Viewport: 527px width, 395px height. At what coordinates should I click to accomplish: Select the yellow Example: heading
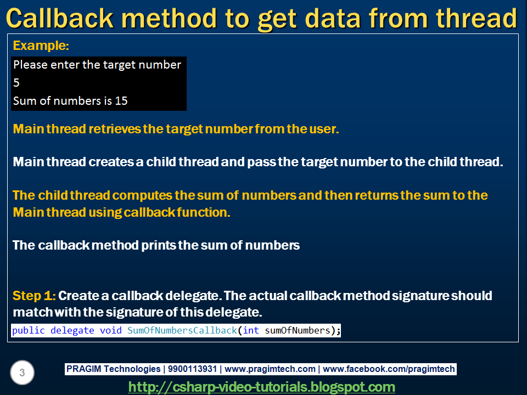coord(41,46)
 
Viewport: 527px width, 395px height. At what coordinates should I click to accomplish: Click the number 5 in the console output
coord(16,83)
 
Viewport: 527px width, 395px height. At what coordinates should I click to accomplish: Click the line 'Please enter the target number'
coord(97,65)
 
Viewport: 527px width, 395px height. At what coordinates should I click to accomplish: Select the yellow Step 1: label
coord(33,296)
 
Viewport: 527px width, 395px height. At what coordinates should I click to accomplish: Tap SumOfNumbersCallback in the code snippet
coord(182,330)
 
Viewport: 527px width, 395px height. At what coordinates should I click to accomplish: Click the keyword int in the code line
coord(250,330)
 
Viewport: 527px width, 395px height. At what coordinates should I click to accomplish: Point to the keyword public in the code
coord(29,330)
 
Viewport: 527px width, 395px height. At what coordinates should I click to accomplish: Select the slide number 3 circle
coord(22,373)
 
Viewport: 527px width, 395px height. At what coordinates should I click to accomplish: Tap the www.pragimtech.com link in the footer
coord(270,369)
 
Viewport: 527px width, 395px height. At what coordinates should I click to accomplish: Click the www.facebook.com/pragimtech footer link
coord(390,369)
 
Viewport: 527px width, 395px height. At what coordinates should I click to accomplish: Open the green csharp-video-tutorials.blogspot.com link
coord(262,387)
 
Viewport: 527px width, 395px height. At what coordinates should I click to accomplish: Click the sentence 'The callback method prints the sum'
coord(156,245)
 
